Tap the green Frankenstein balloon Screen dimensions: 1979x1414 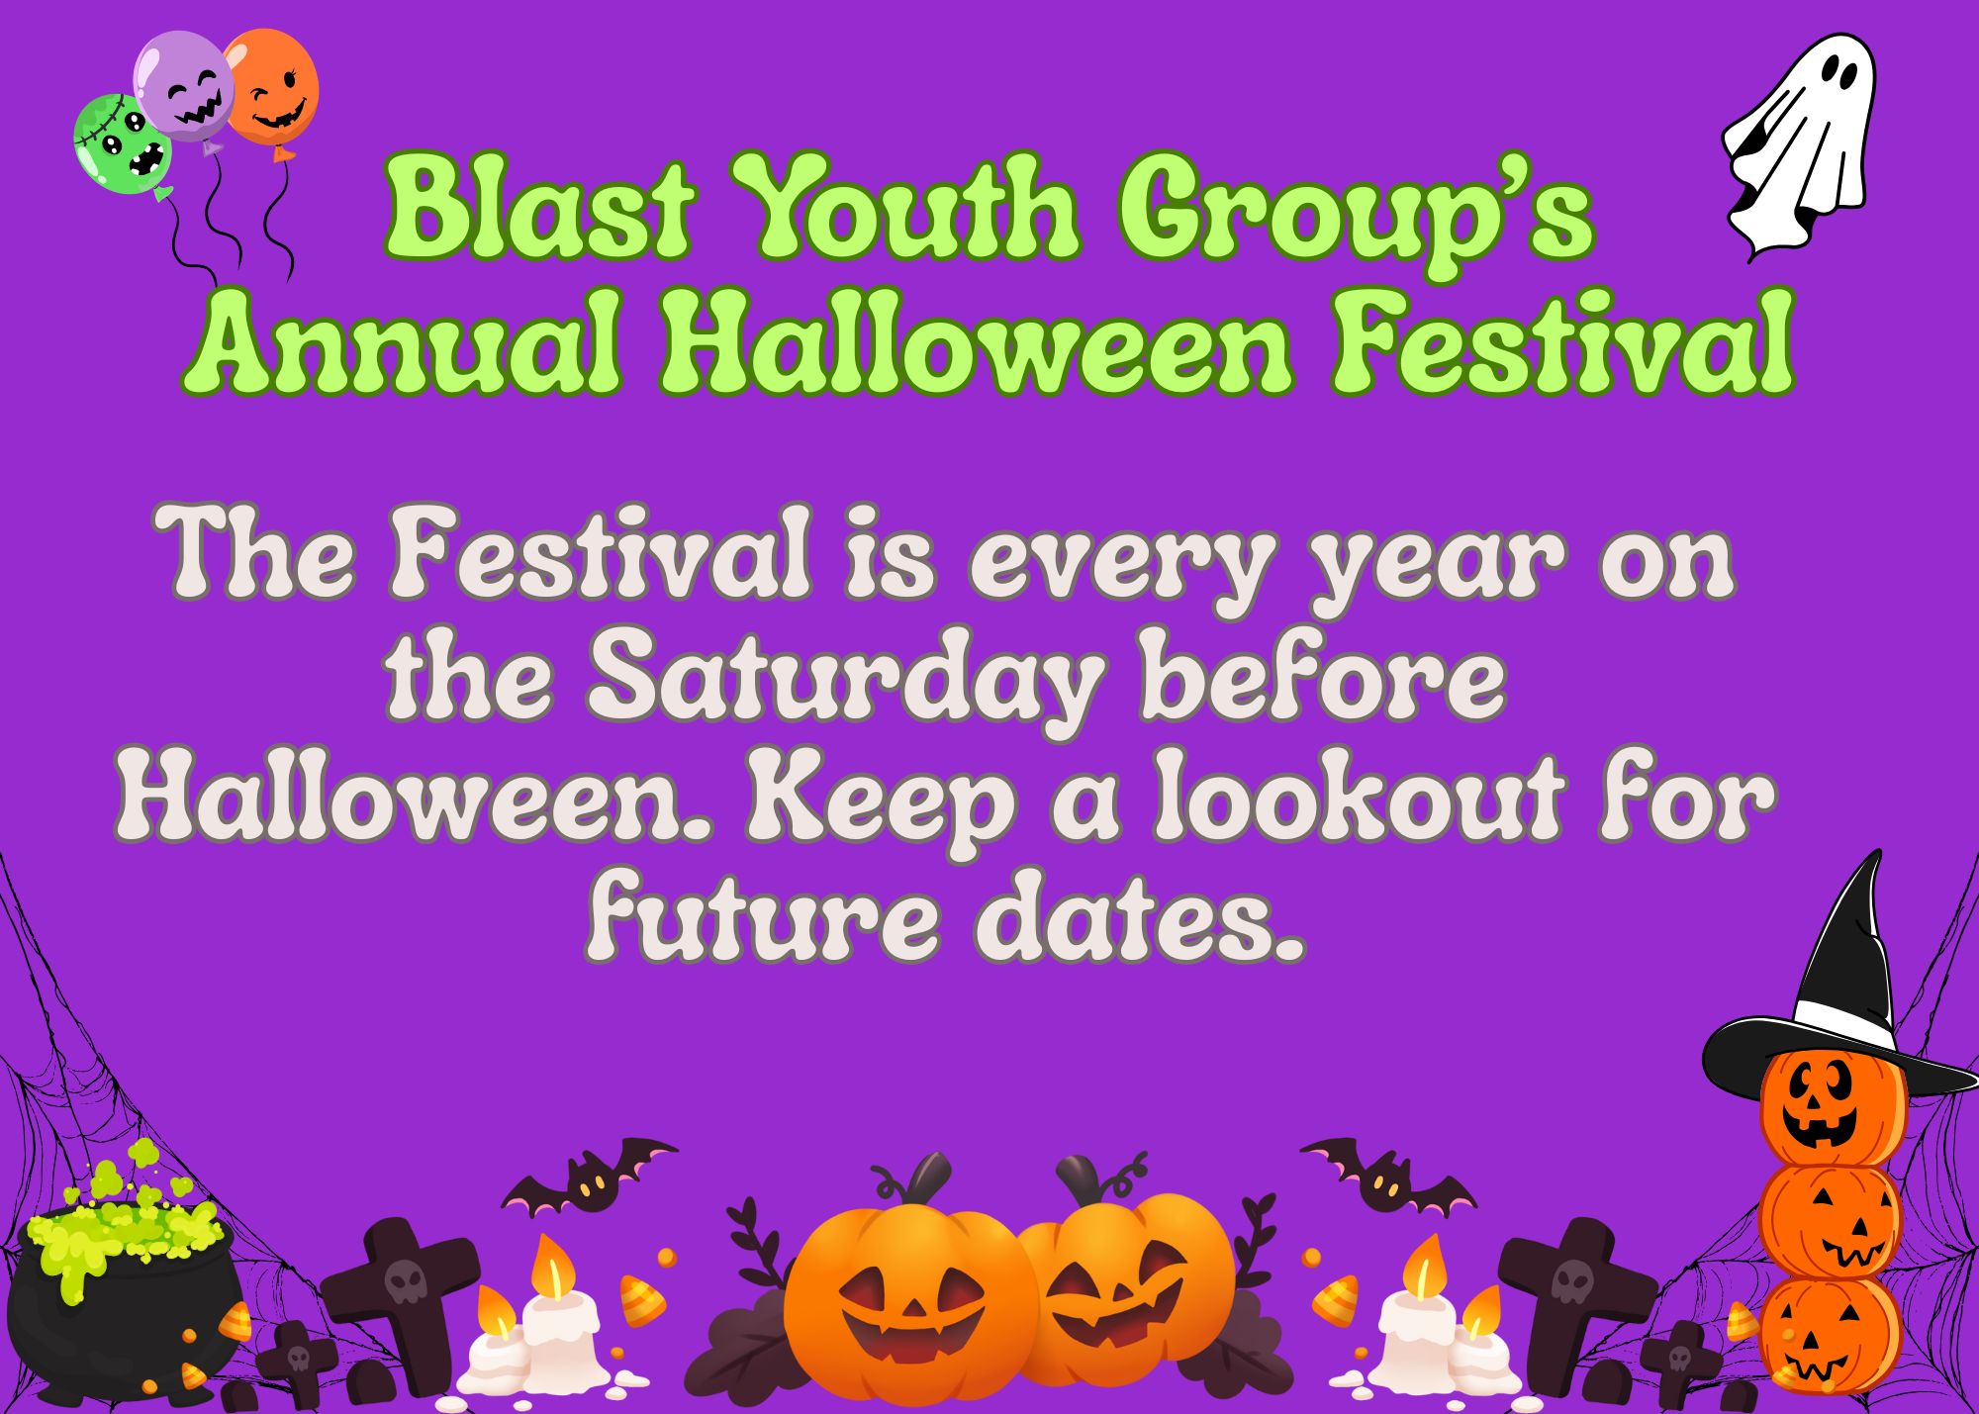coord(123,144)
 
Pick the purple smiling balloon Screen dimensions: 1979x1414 coord(184,85)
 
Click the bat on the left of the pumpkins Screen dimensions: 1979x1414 coord(590,1178)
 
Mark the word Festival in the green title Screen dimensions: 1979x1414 coord(1563,339)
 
